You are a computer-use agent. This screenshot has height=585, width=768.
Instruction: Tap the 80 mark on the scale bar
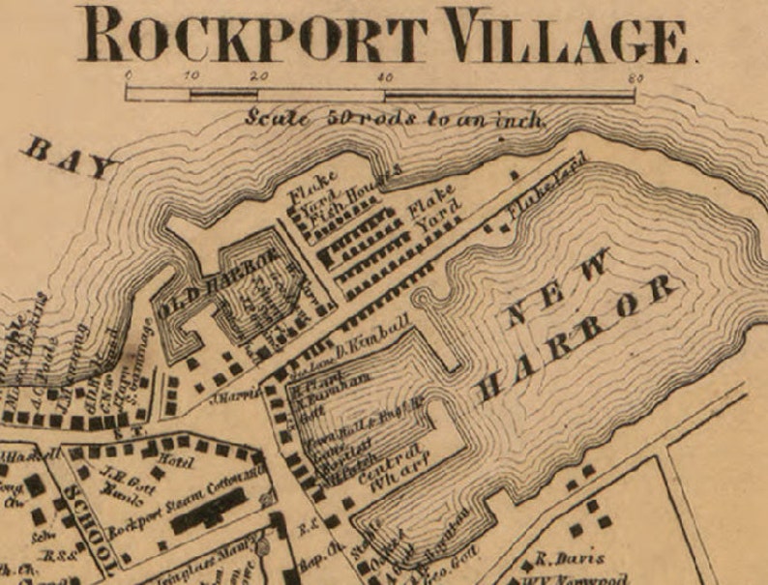tap(635, 77)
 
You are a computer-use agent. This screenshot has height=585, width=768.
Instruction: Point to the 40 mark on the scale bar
tap(385, 77)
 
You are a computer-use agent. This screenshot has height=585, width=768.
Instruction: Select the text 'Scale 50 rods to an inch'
tap(396, 120)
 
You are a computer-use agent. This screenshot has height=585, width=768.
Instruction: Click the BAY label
tap(68, 159)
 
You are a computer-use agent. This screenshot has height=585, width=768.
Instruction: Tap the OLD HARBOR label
tap(221, 283)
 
